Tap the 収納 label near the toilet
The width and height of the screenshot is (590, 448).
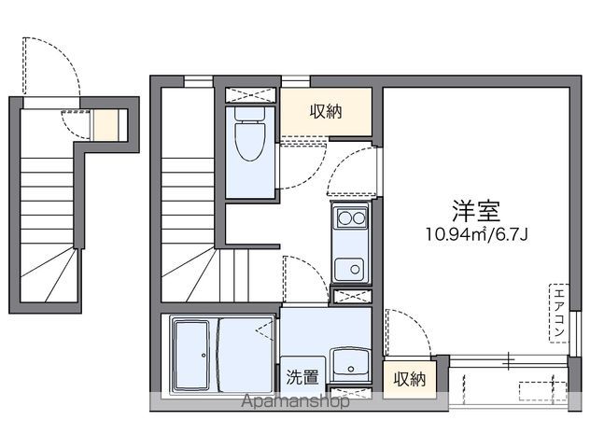click(x=326, y=112)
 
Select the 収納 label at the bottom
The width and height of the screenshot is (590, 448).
click(x=409, y=379)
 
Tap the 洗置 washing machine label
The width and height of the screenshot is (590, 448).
click(x=302, y=378)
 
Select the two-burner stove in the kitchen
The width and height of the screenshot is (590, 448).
click(x=351, y=218)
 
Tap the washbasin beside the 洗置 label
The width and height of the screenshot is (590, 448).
click(x=351, y=362)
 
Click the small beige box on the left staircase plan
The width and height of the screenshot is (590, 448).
click(x=107, y=124)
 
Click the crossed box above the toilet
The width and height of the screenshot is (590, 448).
click(x=251, y=94)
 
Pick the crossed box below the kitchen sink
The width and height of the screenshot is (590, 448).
click(x=351, y=297)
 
